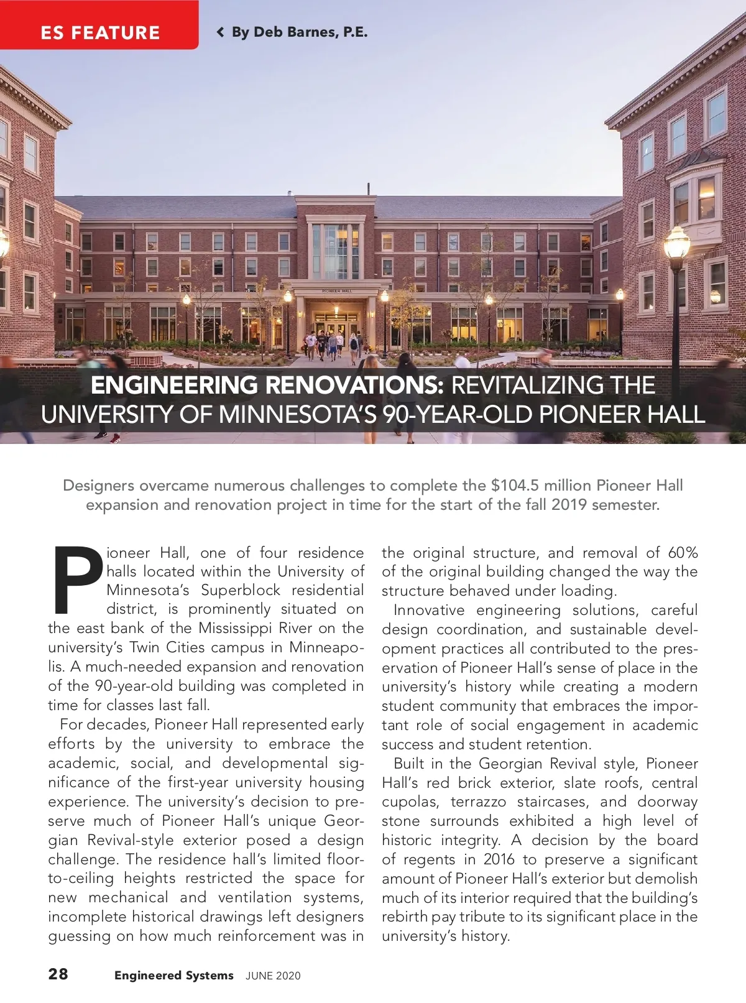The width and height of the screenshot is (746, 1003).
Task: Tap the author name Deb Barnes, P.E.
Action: click(300, 32)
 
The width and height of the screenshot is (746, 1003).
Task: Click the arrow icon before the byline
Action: click(220, 32)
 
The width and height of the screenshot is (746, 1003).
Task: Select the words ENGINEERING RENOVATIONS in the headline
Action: click(267, 386)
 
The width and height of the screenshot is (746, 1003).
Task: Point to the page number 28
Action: click(58, 974)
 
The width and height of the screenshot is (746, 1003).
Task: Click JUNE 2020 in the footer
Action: click(273, 976)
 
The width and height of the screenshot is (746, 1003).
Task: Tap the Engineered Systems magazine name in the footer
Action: click(173, 976)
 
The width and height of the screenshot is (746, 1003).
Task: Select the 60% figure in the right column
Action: click(683, 553)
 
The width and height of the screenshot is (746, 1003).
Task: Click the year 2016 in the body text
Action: click(499, 859)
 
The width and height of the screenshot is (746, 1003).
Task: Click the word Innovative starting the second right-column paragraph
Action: click(429, 610)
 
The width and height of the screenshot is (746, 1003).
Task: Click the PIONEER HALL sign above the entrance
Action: click(336, 291)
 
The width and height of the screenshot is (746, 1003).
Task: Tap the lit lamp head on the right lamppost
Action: click(676, 243)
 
